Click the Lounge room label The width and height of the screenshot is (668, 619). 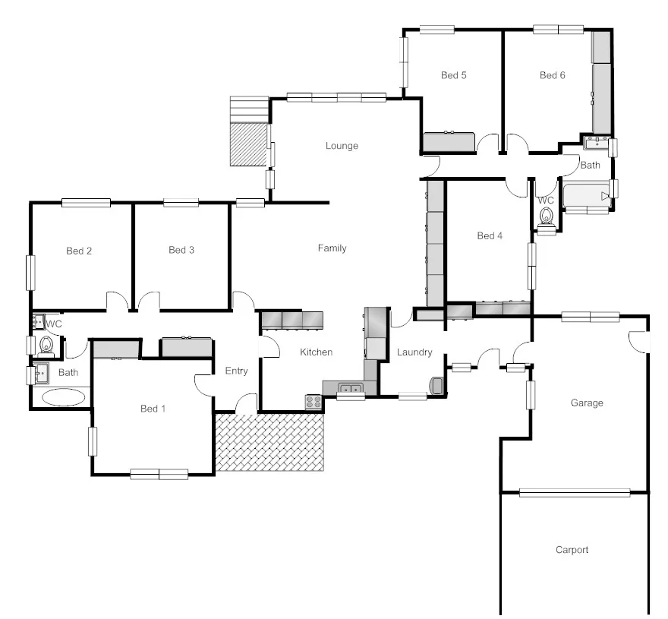(342, 146)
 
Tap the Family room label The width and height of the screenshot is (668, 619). (332, 248)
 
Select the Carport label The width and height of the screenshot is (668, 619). (572, 550)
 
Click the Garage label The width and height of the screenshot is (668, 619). (587, 403)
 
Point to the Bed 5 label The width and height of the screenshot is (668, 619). (454, 75)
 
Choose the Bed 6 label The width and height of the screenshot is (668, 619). (553, 75)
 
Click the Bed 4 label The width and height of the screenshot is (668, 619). (490, 235)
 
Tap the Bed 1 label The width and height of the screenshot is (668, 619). (153, 409)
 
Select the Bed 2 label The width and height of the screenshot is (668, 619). (79, 251)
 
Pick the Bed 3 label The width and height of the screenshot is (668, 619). (181, 251)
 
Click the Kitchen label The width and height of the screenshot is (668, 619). (316, 352)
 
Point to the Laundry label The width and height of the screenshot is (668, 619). (414, 352)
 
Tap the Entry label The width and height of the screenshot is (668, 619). (237, 371)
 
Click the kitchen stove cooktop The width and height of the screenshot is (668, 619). (313, 402)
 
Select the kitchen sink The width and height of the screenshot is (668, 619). (350, 390)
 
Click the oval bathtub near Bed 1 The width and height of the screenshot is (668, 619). (64, 396)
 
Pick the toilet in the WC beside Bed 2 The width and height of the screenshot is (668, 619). (46, 346)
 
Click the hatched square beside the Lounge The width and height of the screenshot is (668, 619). (250, 144)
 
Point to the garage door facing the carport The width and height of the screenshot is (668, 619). (575, 493)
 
